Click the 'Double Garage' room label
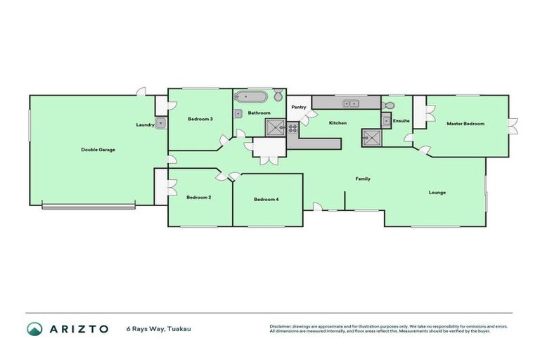click(x=98, y=150)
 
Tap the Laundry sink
click(x=161, y=124)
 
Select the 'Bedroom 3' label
click(x=200, y=119)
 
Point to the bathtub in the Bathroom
click(x=251, y=97)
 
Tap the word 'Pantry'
click(x=298, y=108)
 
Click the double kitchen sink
click(x=349, y=104)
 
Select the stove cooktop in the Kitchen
click(x=292, y=127)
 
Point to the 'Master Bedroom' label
click(x=465, y=124)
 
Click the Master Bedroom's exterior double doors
click(x=513, y=126)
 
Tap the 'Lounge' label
click(x=437, y=192)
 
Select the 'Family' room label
click(x=362, y=179)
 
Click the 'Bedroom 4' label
click(x=266, y=200)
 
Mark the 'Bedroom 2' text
click(x=199, y=198)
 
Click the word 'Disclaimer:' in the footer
click(x=281, y=326)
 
